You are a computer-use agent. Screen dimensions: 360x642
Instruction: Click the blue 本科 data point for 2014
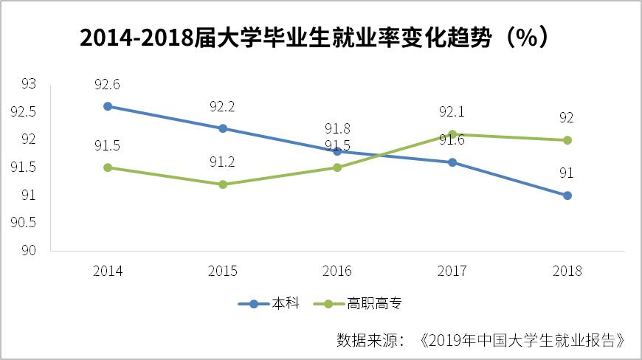108,106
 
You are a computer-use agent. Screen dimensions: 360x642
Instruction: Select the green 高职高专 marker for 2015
222,184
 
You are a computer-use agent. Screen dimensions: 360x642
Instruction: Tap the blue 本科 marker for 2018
567,195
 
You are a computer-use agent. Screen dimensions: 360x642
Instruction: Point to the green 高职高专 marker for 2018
567,140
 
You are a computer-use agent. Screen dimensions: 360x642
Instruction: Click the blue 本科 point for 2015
222,128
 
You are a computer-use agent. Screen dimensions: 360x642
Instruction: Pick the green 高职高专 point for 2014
108,167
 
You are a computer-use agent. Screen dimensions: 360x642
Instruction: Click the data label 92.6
108,84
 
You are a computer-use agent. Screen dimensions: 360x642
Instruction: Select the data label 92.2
222,107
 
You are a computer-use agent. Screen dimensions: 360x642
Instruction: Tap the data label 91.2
222,162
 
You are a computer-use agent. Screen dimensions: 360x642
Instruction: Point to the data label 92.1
452,113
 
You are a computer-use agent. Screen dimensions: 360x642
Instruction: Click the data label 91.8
337,129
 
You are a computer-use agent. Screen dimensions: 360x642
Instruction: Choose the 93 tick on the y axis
29,84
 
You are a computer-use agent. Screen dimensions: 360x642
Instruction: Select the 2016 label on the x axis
337,271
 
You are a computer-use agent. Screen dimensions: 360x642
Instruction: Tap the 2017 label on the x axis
452,271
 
